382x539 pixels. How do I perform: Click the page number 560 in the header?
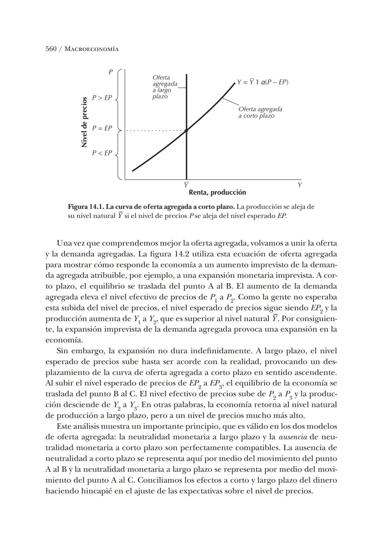(51, 49)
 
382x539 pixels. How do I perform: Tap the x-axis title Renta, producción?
(217, 193)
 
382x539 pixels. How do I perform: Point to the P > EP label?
(102, 98)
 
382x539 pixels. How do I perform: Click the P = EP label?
(102, 128)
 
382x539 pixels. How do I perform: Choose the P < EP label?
(102, 153)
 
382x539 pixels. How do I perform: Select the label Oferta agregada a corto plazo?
(260, 113)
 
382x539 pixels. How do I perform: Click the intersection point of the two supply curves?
(186, 130)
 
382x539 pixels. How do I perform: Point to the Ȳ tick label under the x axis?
(186, 185)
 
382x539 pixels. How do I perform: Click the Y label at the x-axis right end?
(300, 185)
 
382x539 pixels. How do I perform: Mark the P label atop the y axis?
(110, 72)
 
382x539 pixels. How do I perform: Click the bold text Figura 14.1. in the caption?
(86, 207)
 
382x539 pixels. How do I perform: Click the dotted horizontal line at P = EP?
(156, 131)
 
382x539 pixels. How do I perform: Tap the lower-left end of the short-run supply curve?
(133, 171)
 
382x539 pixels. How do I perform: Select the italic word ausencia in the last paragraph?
(293, 437)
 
